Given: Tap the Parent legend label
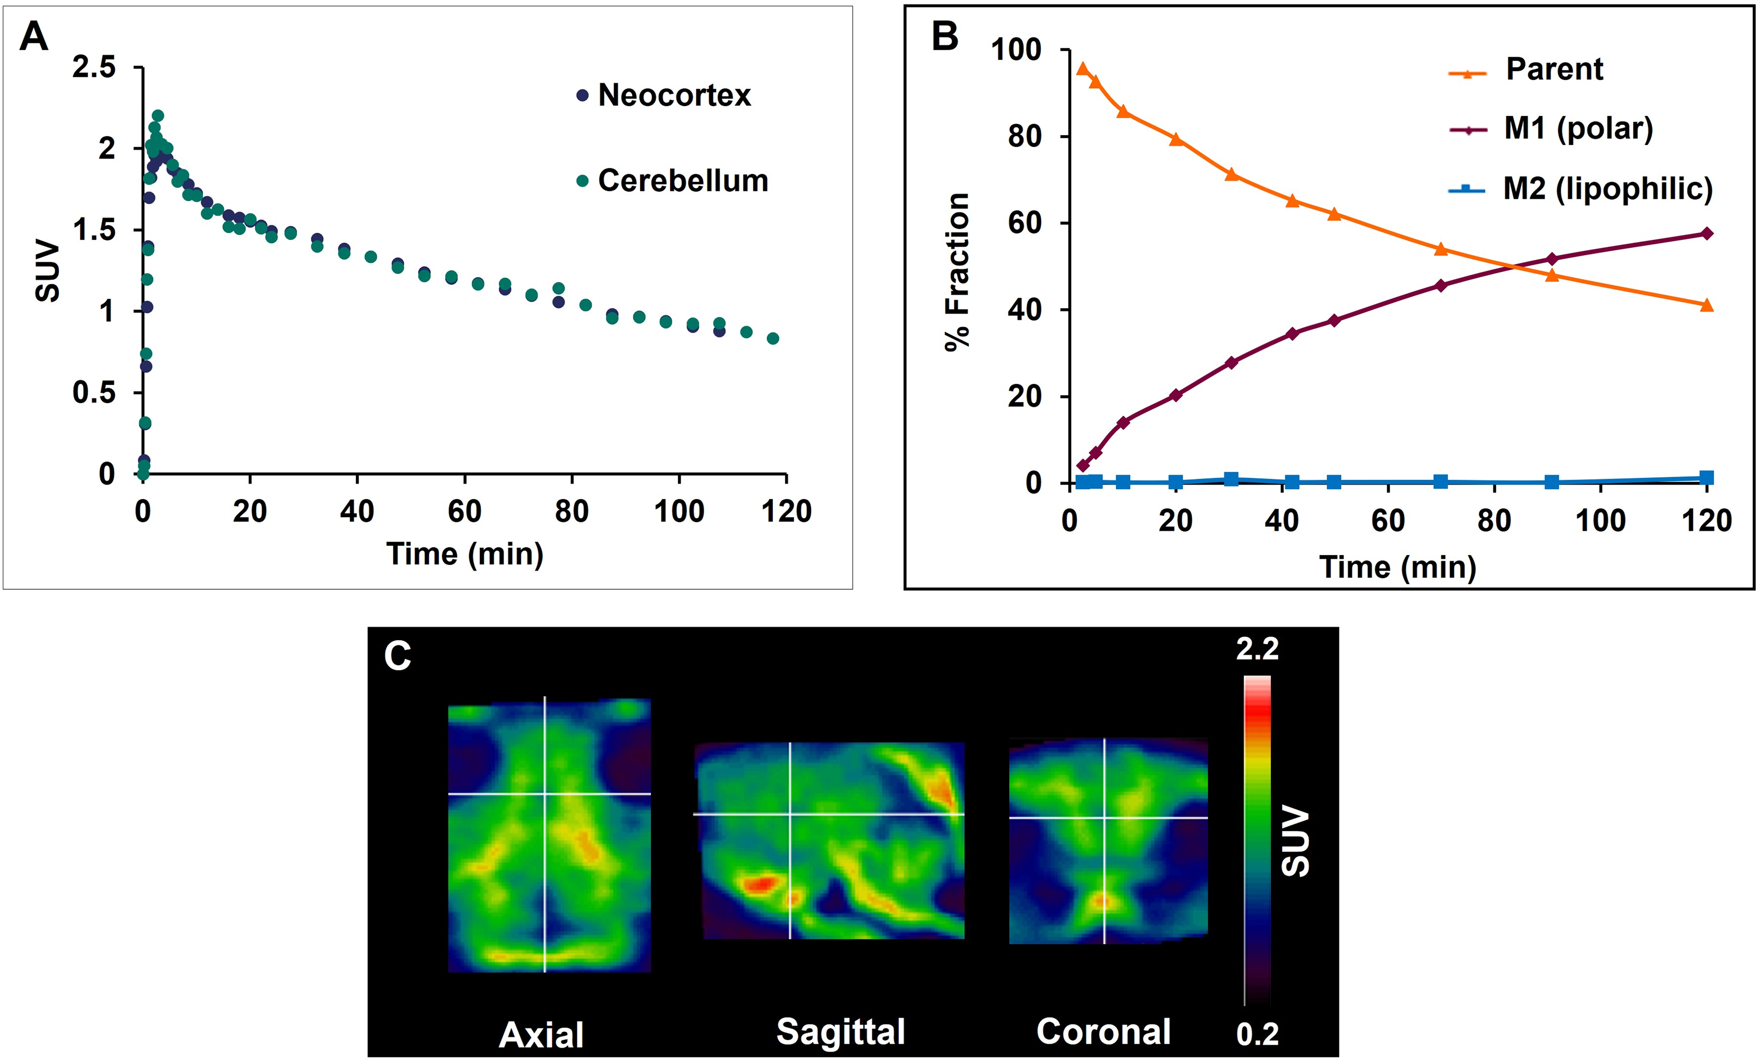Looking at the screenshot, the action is pos(1554,69).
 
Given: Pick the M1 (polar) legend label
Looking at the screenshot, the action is pos(1578,128).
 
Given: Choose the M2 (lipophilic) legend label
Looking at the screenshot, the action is pos(1608,188).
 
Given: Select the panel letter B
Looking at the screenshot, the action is pos(946,36).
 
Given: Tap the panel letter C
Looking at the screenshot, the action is pos(398,656).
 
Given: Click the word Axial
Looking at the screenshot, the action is pos(541,1034).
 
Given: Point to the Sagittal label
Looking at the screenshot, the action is pos(841,1032).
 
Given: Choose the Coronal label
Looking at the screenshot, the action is pos(1104,1032).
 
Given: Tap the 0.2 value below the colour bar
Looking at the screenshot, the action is pos(1257,1034).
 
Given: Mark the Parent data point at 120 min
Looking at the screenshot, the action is pos(1706,305).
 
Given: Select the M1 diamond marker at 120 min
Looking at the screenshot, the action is pos(1706,234).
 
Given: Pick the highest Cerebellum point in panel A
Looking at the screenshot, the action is pos(158,115).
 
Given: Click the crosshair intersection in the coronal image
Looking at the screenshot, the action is pos(1104,818).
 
